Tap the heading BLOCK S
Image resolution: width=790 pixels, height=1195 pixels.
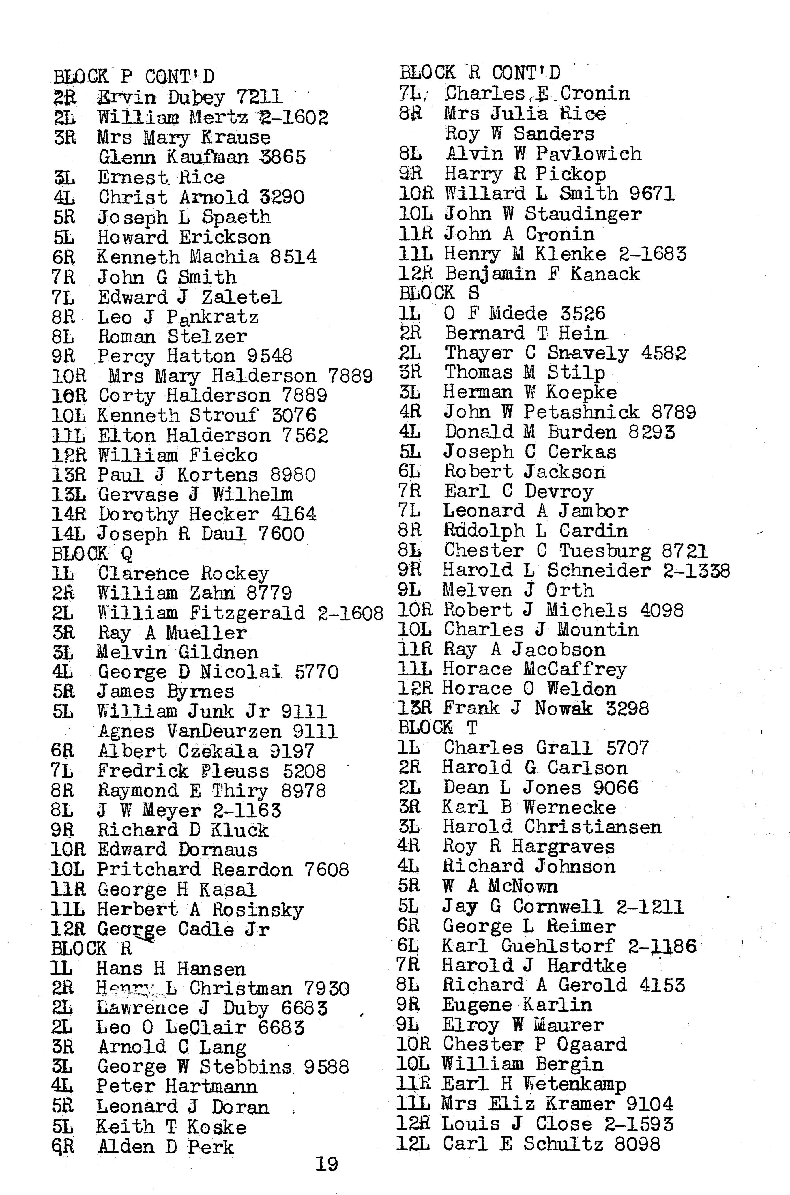[x=439, y=293]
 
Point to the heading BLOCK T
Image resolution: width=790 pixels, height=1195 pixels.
[x=438, y=728]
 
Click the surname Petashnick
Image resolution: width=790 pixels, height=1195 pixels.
[x=581, y=412]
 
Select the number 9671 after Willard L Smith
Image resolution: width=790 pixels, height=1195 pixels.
[x=652, y=194]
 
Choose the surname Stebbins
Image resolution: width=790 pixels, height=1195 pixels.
[x=245, y=1067]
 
